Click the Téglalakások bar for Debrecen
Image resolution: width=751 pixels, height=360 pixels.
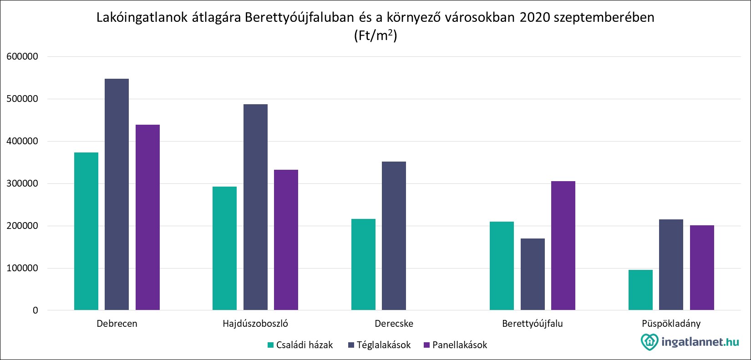pyautogui.click(x=117, y=194)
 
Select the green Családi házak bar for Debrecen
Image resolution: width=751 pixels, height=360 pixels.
pyautogui.click(x=86, y=231)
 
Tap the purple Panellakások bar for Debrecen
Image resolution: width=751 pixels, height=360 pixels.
pyautogui.click(x=147, y=218)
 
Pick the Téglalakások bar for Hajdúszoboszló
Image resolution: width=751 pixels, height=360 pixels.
pyautogui.click(x=255, y=207)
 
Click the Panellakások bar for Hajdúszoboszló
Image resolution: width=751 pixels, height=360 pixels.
pyautogui.click(x=286, y=240)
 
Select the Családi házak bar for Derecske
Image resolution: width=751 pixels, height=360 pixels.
pyautogui.click(x=363, y=264)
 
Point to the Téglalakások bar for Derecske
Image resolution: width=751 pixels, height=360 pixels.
pyautogui.click(x=394, y=236)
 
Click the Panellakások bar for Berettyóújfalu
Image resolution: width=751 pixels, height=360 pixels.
pyautogui.click(x=563, y=246)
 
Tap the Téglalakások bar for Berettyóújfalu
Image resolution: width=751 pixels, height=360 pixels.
pyautogui.click(x=533, y=274)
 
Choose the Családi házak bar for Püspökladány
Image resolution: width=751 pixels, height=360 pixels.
pyautogui.click(x=640, y=290)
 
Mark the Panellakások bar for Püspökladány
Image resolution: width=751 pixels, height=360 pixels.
pyautogui.click(x=702, y=268)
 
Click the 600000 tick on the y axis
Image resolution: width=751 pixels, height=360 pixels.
pyautogui.click(x=22, y=57)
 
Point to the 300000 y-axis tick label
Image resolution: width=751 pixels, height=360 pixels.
pyautogui.click(x=22, y=184)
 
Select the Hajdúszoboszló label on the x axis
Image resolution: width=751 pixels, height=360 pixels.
pyautogui.click(x=255, y=324)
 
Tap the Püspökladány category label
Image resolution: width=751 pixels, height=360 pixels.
pyautogui.click(x=671, y=324)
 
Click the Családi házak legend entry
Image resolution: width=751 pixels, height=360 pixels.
pyautogui.click(x=300, y=345)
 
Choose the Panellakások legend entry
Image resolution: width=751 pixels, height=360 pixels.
pyautogui.click(x=455, y=345)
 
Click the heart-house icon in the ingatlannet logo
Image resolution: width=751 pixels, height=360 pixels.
pyautogui.click(x=649, y=341)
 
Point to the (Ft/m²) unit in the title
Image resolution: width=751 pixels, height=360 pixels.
pyautogui.click(x=375, y=36)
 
